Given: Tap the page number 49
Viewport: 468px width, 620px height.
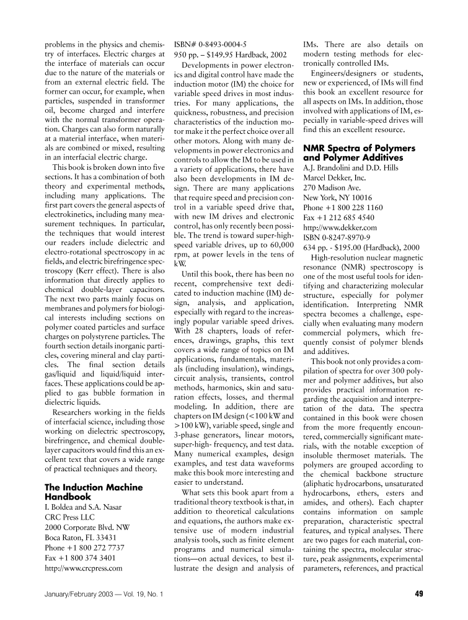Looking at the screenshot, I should click(418, 595).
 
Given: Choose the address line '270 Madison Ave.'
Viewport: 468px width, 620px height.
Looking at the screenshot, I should click(331, 188).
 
